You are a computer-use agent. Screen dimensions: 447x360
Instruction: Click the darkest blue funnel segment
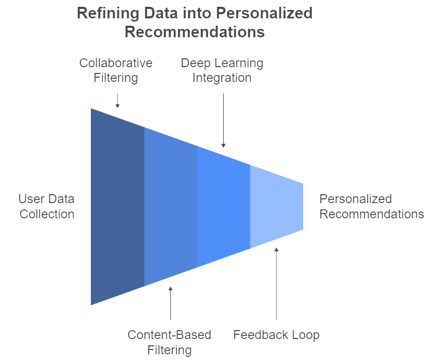118,206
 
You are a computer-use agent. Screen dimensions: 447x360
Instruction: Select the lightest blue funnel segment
276,206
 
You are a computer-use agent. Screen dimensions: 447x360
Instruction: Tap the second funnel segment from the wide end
171,206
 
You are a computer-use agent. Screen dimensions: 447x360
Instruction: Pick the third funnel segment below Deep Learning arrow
224,206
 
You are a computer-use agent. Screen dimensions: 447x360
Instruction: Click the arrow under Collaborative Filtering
117,101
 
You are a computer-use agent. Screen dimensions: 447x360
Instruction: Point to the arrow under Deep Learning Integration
224,121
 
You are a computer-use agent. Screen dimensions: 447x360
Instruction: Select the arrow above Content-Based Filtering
171,303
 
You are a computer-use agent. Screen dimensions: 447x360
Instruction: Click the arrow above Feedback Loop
276,284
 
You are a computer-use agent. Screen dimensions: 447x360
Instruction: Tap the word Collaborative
116,63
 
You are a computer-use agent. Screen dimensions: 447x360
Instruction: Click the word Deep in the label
195,63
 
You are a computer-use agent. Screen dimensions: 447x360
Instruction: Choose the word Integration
222,78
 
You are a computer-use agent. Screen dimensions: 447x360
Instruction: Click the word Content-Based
169,335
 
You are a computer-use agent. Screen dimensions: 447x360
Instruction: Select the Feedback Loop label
276,335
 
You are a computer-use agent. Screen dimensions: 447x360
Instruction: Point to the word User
31,199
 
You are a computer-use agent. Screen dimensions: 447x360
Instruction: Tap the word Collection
47,214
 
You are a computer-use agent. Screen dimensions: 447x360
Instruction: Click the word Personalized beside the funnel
356,199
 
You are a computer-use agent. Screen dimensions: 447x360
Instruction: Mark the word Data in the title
161,13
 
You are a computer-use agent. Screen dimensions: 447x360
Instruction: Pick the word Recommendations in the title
195,31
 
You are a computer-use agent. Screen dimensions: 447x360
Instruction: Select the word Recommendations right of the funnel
372,214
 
